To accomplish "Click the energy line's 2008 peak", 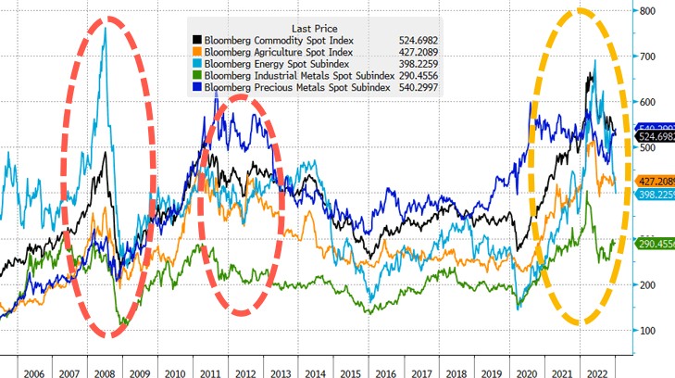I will (x=105, y=29).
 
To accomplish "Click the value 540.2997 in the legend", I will (x=416, y=88).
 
